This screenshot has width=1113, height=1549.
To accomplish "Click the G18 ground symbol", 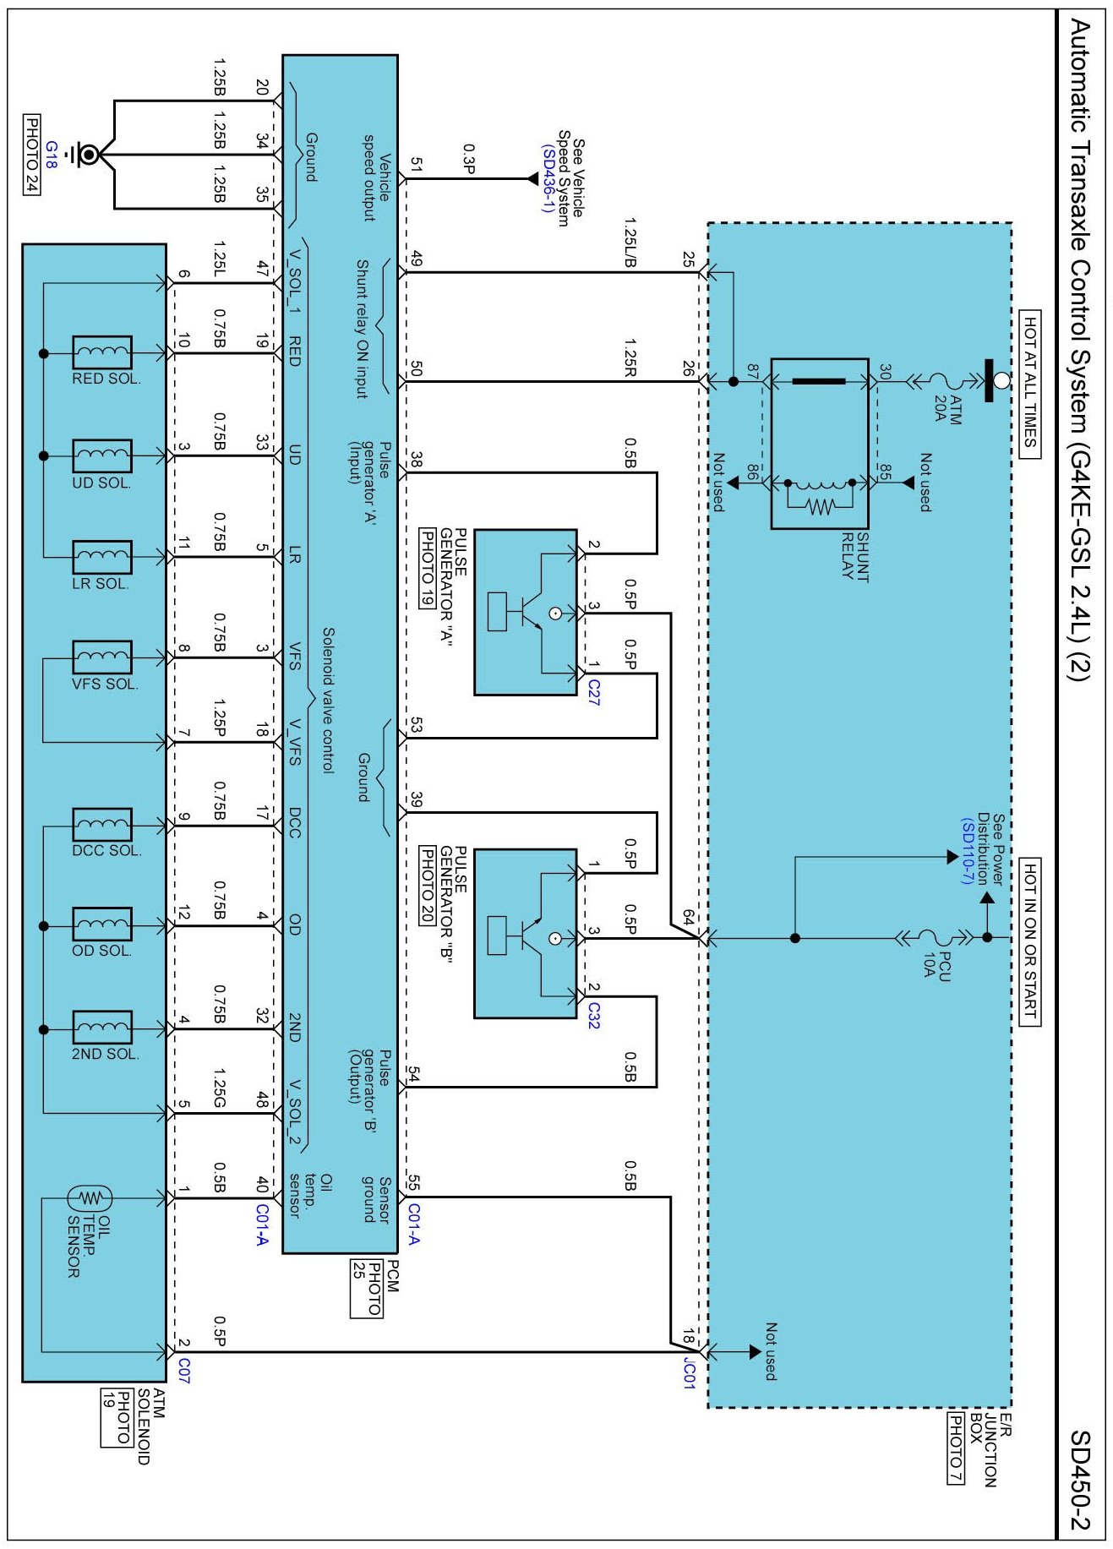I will coord(88,155).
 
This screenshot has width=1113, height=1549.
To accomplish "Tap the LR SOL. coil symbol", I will coord(102,556).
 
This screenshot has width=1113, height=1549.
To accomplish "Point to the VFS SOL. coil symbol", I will coord(102,657).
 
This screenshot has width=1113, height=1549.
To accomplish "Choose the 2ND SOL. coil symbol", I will coord(102,1028).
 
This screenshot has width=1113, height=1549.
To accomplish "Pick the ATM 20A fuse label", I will coord(947,406).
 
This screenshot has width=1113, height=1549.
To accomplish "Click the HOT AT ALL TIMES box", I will coord(1029,383).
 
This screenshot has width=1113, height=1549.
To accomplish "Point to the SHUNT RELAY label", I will coord(855,556).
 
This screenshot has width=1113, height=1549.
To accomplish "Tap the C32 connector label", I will coord(593,1015).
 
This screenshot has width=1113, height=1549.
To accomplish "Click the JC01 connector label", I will coord(689,1373).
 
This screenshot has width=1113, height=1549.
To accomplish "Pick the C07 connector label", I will coord(184,1371).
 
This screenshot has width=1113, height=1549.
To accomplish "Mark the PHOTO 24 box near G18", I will coord(31,154).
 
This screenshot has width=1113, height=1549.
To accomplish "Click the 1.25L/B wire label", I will coord(630,243).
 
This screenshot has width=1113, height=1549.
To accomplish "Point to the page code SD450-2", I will coord(1081,1480).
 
